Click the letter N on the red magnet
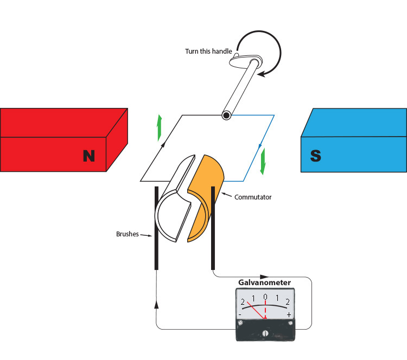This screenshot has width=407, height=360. click(89, 156)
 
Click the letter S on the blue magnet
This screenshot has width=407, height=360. click(315, 156)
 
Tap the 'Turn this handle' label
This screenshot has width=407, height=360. click(208, 52)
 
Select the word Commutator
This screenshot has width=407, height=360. click(253, 197)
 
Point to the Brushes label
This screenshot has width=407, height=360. click(128, 234)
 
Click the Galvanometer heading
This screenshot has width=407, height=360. click(265, 282)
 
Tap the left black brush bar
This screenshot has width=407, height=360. click(156, 228)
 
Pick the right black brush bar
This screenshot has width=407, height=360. click(213, 228)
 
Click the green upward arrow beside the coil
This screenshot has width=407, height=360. click(160, 127)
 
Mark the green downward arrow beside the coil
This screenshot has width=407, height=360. click(263, 162)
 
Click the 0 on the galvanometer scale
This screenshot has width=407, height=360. click(265, 297)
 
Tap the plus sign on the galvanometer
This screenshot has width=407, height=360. click(289, 314)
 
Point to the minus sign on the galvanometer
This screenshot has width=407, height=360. click(240, 314)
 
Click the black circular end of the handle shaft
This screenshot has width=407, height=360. click(225, 115)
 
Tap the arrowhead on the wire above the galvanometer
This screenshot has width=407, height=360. click(264, 277)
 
